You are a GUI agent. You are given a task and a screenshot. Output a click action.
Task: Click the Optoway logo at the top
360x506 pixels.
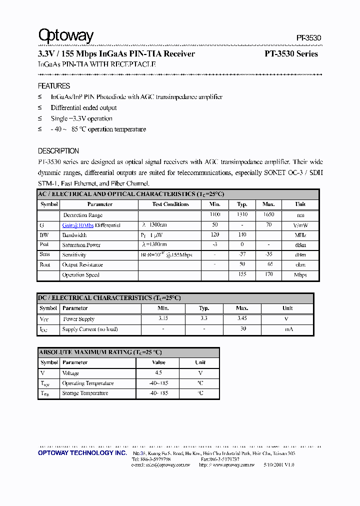click(x=66, y=35)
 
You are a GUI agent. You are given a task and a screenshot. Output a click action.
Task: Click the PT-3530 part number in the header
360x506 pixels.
click(x=308, y=38)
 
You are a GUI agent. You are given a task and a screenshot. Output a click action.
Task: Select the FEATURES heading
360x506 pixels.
click(x=54, y=86)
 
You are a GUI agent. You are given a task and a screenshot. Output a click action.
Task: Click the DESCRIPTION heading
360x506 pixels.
click(x=58, y=151)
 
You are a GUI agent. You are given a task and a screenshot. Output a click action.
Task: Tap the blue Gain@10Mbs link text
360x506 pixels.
click(x=78, y=225)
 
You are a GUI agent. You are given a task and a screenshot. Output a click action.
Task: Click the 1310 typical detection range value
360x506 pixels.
click(x=242, y=214)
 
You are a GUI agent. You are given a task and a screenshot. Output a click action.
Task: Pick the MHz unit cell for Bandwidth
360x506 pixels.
click(x=300, y=235)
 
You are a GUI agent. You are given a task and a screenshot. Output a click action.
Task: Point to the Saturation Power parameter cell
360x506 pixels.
click(x=81, y=245)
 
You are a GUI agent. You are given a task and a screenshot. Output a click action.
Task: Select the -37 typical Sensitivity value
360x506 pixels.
click(x=242, y=254)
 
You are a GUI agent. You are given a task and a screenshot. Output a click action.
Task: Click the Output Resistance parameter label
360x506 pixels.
click(x=82, y=264)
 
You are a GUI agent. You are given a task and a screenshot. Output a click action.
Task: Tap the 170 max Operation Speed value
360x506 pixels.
click(x=268, y=274)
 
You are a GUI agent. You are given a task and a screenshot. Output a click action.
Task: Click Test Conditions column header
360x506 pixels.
click(x=170, y=204)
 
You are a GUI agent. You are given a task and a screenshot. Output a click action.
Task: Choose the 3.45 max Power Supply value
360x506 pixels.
click(x=242, y=318)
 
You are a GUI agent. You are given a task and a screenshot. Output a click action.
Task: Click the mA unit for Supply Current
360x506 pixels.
click(x=288, y=329)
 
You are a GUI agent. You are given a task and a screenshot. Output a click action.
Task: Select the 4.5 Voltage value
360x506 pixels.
click(x=158, y=373)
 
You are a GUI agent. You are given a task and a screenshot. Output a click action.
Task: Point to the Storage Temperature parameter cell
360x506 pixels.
click(x=85, y=393)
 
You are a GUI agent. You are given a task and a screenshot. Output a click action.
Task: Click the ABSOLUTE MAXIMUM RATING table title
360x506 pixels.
click(x=100, y=352)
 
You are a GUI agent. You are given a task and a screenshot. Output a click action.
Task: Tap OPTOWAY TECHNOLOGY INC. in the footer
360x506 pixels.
click(x=82, y=452)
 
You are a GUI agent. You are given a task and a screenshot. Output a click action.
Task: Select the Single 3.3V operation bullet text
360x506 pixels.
click(x=81, y=118)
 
